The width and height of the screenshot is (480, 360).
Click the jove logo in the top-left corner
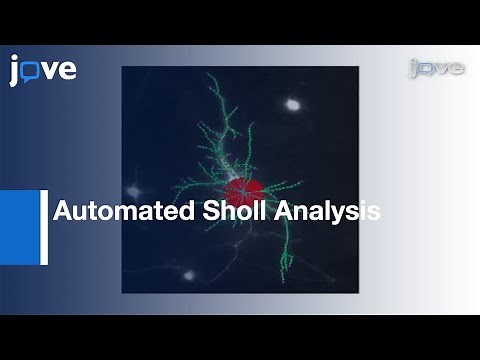[x=43, y=70]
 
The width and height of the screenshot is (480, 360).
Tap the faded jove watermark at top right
[x=436, y=68]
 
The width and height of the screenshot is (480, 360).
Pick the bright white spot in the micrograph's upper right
[x=293, y=103]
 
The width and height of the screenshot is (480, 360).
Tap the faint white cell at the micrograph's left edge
[x=133, y=190]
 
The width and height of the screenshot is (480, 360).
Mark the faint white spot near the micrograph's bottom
[x=187, y=273]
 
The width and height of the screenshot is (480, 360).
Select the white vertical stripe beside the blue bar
[x=44, y=227]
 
